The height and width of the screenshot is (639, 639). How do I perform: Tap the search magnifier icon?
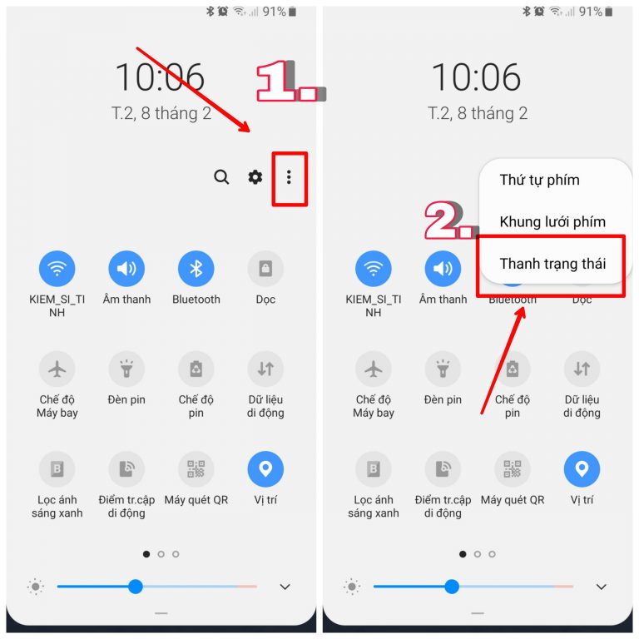pyautogui.click(x=221, y=177)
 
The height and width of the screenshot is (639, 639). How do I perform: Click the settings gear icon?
pyautogui.click(x=255, y=177)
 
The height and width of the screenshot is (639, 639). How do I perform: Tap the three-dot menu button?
pyautogui.click(x=289, y=177)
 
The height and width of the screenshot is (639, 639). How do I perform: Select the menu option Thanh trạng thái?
pyautogui.click(x=552, y=264)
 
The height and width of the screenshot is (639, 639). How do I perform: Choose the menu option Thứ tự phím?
pyautogui.click(x=539, y=180)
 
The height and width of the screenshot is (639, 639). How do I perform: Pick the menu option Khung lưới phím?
pyautogui.click(x=552, y=221)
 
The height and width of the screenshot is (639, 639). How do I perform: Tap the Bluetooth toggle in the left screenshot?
pyautogui.click(x=196, y=269)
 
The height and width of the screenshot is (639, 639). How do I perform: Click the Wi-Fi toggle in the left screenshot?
pyautogui.click(x=57, y=269)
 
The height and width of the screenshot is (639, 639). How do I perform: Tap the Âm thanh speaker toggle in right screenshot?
pyautogui.click(x=443, y=269)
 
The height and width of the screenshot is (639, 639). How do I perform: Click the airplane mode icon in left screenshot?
pyautogui.click(x=57, y=369)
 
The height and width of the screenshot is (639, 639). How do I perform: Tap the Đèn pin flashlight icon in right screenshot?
pyautogui.click(x=443, y=369)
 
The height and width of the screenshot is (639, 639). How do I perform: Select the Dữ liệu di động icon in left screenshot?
pyautogui.click(x=265, y=369)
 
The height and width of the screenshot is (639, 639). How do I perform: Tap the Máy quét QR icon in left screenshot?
pyautogui.click(x=196, y=469)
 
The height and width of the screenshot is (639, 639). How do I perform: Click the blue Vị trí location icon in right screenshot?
pyautogui.click(x=582, y=469)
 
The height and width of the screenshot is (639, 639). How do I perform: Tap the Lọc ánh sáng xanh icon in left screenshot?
pyautogui.click(x=57, y=469)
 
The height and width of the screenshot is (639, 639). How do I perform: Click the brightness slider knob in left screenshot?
pyautogui.click(x=136, y=587)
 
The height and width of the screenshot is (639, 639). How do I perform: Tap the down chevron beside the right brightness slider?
pyautogui.click(x=601, y=587)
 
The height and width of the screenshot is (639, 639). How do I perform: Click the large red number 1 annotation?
pyautogui.click(x=277, y=81)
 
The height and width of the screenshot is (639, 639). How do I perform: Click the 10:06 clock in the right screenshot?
pyautogui.click(x=476, y=77)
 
